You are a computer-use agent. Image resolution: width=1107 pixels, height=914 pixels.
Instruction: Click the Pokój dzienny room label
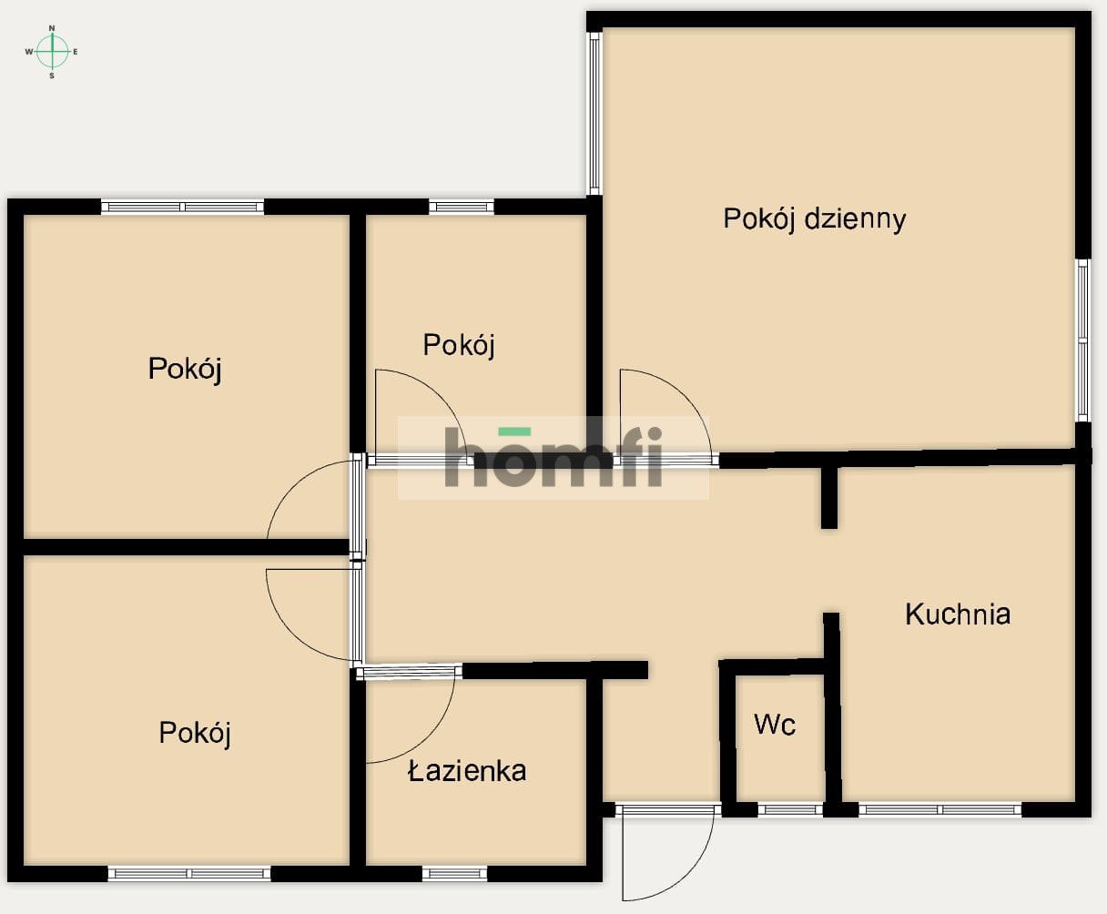(815, 219)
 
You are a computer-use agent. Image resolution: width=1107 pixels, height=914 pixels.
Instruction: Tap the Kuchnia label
(958, 614)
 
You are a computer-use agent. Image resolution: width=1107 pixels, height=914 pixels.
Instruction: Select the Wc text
(775, 725)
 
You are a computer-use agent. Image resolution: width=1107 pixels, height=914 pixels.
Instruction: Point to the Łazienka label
(467, 771)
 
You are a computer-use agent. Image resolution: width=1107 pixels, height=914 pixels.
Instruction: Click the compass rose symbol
(52, 52)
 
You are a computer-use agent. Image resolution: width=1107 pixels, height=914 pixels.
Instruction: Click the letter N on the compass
(52, 27)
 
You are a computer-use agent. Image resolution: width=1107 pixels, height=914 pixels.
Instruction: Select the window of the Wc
(790, 809)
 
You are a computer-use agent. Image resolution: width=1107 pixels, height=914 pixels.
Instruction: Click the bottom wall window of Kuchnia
(940, 809)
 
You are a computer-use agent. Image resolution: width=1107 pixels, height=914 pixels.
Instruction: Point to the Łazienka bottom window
(455, 873)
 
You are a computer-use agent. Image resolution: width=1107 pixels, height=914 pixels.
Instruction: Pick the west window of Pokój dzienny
(594, 114)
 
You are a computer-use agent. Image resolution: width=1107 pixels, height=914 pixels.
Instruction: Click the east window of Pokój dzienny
(1083, 340)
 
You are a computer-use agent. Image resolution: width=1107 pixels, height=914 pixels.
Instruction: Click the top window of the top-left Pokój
(182, 207)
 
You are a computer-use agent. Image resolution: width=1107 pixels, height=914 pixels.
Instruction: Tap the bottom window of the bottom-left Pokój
(189, 873)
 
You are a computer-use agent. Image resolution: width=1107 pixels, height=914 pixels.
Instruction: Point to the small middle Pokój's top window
(462, 207)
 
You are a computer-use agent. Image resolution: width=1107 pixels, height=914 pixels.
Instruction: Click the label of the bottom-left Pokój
(195, 734)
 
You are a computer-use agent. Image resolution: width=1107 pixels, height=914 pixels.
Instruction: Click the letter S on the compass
(52, 76)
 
